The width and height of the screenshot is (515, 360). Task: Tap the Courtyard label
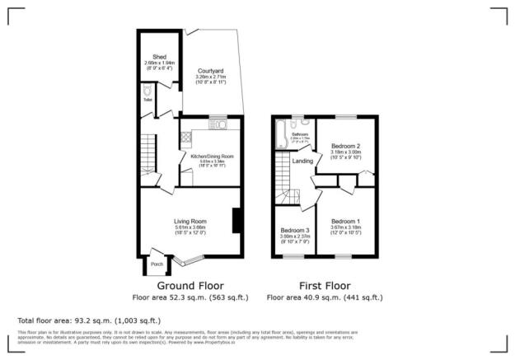(x=205, y=71)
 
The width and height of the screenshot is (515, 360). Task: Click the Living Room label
(x=190, y=221)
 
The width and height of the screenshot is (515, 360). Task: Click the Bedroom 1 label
(x=345, y=222)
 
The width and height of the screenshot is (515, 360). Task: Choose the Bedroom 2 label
(x=347, y=146)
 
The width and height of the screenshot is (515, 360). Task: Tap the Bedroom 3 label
(x=294, y=230)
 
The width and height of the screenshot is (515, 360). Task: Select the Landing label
(x=302, y=161)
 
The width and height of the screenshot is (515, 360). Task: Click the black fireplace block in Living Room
(x=236, y=220)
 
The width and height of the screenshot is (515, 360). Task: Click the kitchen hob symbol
(x=185, y=138)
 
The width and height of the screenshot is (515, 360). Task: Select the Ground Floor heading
(x=189, y=285)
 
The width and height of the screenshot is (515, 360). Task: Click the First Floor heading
(x=325, y=285)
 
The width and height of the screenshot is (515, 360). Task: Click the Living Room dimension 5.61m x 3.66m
(x=190, y=228)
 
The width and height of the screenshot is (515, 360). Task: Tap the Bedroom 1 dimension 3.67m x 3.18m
(x=345, y=229)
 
